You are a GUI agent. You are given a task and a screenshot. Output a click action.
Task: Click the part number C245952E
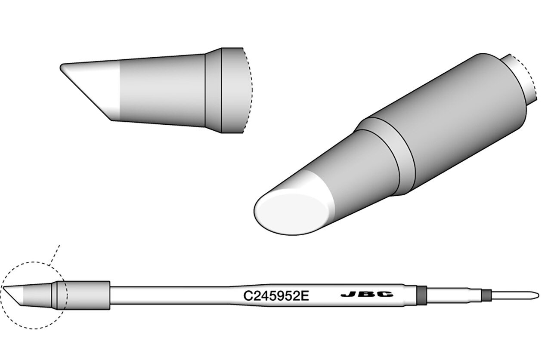(x=276, y=296)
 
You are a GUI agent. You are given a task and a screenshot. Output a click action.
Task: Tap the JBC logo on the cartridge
(x=367, y=294)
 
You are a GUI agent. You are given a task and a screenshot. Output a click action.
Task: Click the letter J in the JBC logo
(x=349, y=294)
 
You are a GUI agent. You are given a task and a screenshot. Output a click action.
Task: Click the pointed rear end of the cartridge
(x=539, y=295)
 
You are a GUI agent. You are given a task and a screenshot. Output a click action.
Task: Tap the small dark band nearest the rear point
(x=486, y=295)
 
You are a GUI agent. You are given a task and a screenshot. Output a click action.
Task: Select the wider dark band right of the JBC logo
(x=422, y=295)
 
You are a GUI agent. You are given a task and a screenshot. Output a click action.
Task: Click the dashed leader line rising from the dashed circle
(x=54, y=255)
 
